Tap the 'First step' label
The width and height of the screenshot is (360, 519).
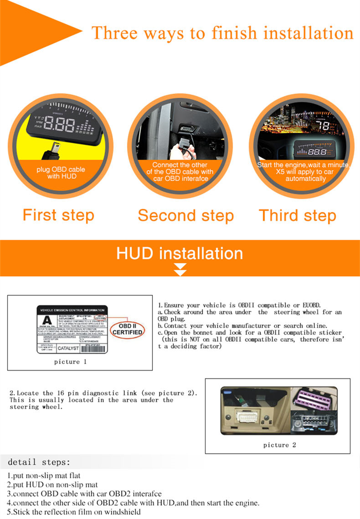coord(58,215)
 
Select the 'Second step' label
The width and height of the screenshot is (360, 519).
coord(185,215)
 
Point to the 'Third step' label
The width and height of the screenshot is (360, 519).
coord(298,215)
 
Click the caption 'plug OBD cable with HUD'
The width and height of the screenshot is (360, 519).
coord(62,173)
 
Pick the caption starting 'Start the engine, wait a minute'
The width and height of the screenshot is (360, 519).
coord(303,172)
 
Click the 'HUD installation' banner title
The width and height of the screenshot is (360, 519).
coord(180,253)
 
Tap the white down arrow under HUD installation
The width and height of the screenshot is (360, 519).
coord(180,270)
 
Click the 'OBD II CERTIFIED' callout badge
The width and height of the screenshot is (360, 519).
coord(128,329)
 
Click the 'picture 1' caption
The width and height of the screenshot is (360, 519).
coord(70,362)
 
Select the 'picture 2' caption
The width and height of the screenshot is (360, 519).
coord(279,445)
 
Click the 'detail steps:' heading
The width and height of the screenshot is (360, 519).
coord(39,462)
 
